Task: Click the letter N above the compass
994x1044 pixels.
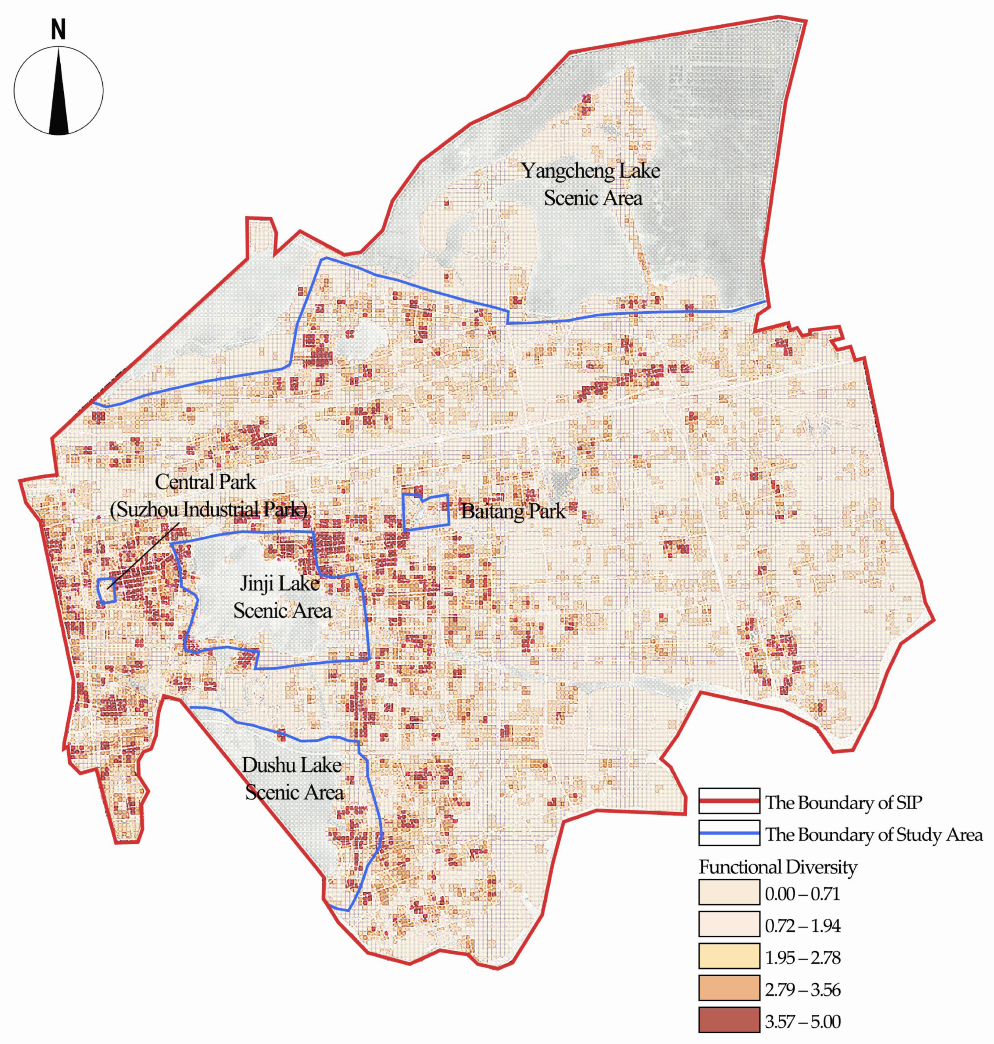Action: click(x=58, y=31)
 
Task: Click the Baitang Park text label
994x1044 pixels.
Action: click(x=513, y=511)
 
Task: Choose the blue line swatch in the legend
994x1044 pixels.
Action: click(x=729, y=834)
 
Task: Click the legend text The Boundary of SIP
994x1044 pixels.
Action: click(x=843, y=803)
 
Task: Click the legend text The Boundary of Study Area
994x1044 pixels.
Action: click(x=874, y=835)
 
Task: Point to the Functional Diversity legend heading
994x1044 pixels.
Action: click(x=777, y=867)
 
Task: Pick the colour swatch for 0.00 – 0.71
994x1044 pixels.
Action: click(x=729, y=895)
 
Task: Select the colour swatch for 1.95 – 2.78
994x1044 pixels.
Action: click(x=729, y=958)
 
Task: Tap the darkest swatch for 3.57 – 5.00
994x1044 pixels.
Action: click(x=729, y=1022)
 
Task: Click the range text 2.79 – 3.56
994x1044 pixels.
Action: click(x=802, y=990)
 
